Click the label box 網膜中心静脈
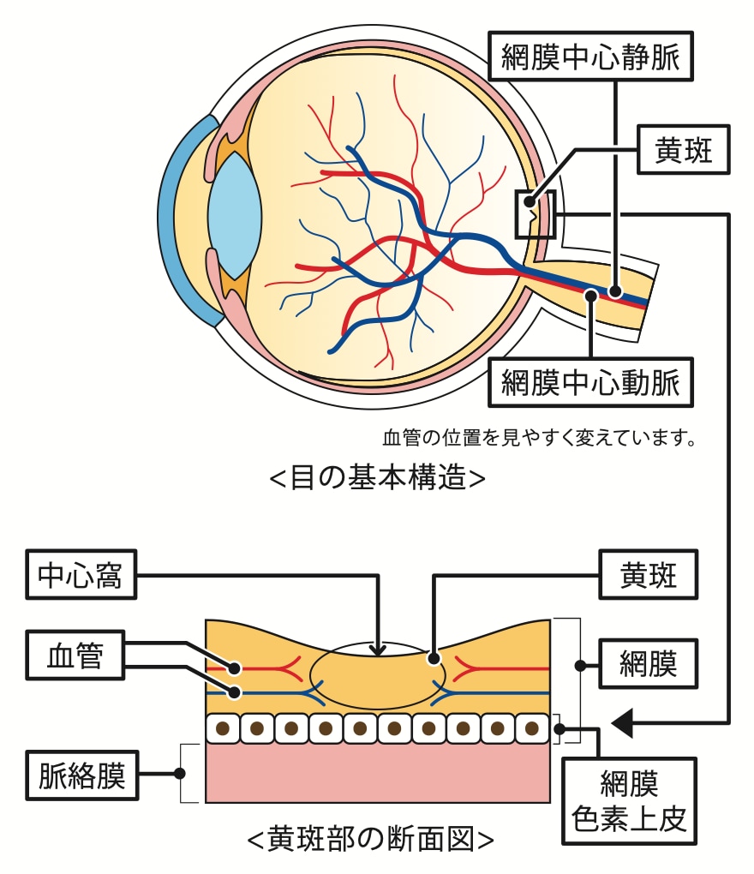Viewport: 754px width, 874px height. [589, 57]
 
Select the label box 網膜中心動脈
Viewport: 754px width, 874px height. [589, 382]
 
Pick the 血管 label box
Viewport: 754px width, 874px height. [75, 657]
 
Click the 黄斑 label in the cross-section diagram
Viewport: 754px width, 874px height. [648, 577]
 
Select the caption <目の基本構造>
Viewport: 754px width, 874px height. [377, 477]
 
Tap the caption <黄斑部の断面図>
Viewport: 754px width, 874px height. [370, 837]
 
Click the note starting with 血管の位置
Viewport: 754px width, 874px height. [537, 439]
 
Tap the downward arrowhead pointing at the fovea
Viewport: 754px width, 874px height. [378, 650]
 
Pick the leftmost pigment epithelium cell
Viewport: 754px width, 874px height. [223, 729]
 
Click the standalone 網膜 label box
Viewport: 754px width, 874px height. [648, 665]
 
